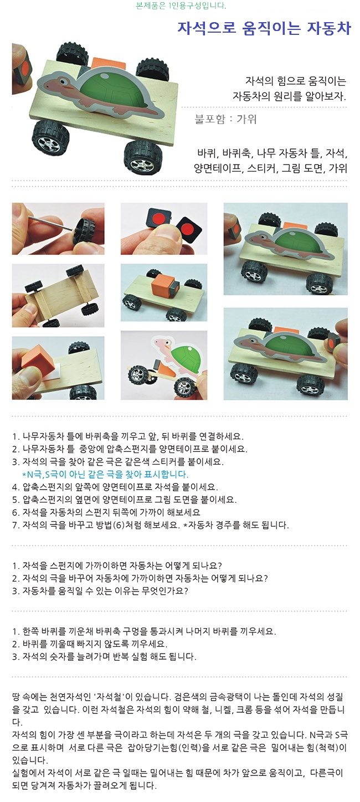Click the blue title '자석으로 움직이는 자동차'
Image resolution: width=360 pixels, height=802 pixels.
tap(264, 28)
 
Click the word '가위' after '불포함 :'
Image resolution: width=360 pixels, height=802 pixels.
tap(246, 119)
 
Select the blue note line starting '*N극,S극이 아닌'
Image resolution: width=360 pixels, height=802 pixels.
tap(105, 475)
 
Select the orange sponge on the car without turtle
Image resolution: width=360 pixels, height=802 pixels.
tap(160, 286)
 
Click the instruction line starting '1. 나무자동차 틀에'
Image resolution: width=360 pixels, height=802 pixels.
tap(128, 436)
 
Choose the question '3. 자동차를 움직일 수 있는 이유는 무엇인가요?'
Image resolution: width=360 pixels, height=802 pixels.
tap(100, 591)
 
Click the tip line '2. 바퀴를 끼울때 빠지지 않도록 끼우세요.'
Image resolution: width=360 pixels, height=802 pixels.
tap(90, 644)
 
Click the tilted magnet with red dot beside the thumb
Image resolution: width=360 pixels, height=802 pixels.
tap(187, 228)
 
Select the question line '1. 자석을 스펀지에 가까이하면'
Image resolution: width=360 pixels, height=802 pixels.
tap(117, 565)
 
